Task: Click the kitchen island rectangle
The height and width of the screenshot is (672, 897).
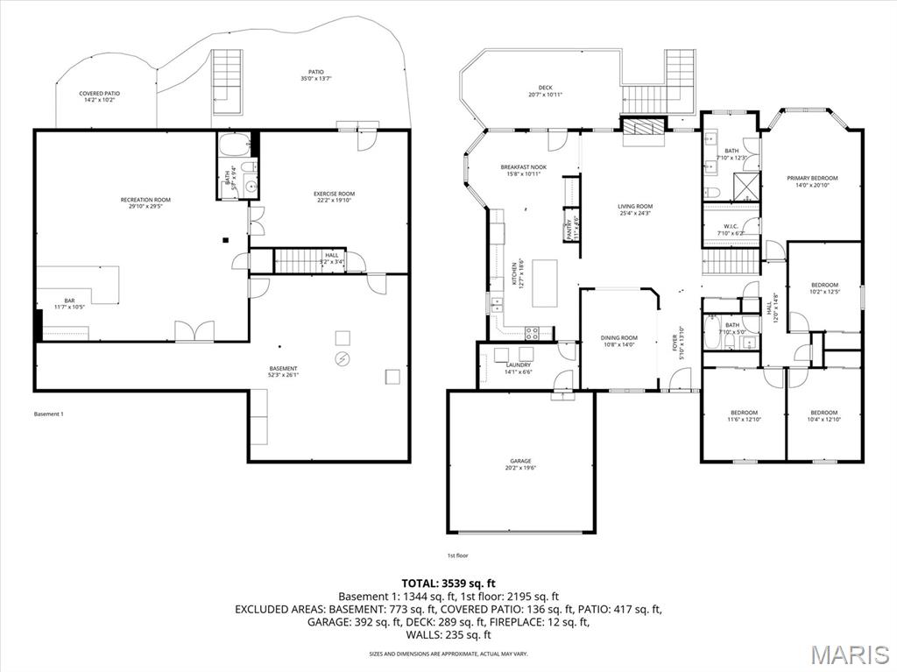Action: pos(545,283)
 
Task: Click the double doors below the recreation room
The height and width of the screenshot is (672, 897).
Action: pos(194,332)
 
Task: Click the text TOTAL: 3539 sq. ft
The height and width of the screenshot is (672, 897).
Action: pos(448,583)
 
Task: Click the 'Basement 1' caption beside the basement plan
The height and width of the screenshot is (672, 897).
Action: pos(49,414)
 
